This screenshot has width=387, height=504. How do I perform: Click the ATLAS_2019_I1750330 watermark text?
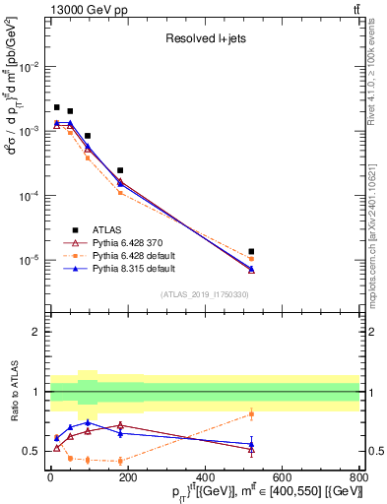click(x=204, y=293)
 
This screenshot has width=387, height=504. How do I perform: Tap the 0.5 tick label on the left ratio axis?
click(x=36, y=452)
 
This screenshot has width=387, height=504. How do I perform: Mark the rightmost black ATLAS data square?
click(x=251, y=252)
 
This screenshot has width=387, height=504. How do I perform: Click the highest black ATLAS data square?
click(x=57, y=107)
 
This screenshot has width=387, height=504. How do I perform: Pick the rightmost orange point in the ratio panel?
click(x=251, y=413)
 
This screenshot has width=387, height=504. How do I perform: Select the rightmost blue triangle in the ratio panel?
click(x=251, y=444)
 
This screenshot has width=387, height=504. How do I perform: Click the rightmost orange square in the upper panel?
click(x=251, y=259)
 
